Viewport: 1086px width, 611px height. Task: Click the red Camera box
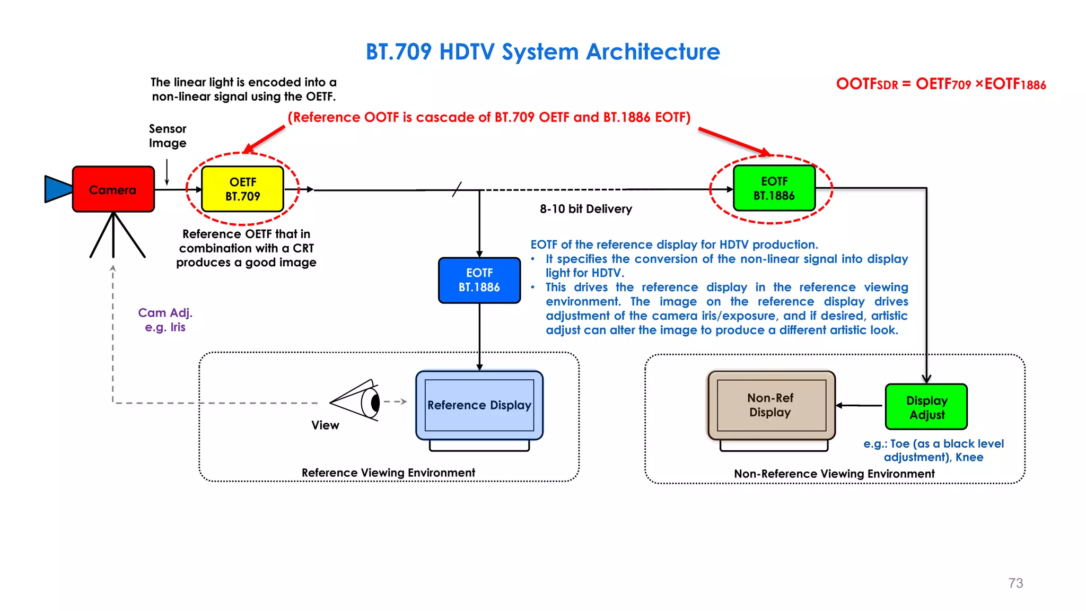coord(113,189)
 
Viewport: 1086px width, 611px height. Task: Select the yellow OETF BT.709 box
coord(243,189)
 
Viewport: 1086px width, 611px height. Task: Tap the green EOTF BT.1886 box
coord(774,188)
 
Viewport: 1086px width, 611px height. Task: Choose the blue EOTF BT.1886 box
coord(479,280)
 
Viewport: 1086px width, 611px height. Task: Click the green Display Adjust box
coord(926,407)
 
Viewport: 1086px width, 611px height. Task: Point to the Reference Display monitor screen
coord(479,405)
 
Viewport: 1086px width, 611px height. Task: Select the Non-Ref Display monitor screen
coord(771,405)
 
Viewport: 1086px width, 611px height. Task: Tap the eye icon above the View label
coord(358,401)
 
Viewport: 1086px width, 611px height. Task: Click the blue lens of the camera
coord(57,189)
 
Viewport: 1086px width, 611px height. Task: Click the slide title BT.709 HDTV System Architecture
coord(542,52)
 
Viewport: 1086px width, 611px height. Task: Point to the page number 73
coord(1015,583)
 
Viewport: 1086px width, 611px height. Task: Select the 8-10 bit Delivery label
coord(586,209)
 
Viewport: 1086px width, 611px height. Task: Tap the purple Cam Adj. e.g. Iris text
coord(165,320)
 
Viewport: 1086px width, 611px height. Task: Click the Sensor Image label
coord(168,136)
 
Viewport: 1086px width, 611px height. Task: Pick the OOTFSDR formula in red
coord(941,84)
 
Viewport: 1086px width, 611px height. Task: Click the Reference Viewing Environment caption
coord(388,473)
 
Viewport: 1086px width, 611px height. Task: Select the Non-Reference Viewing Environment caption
coord(834,474)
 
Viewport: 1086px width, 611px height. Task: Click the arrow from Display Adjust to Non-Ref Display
coord(860,406)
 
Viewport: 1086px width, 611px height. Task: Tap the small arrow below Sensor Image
coord(167,172)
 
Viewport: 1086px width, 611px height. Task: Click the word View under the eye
coord(325,425)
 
